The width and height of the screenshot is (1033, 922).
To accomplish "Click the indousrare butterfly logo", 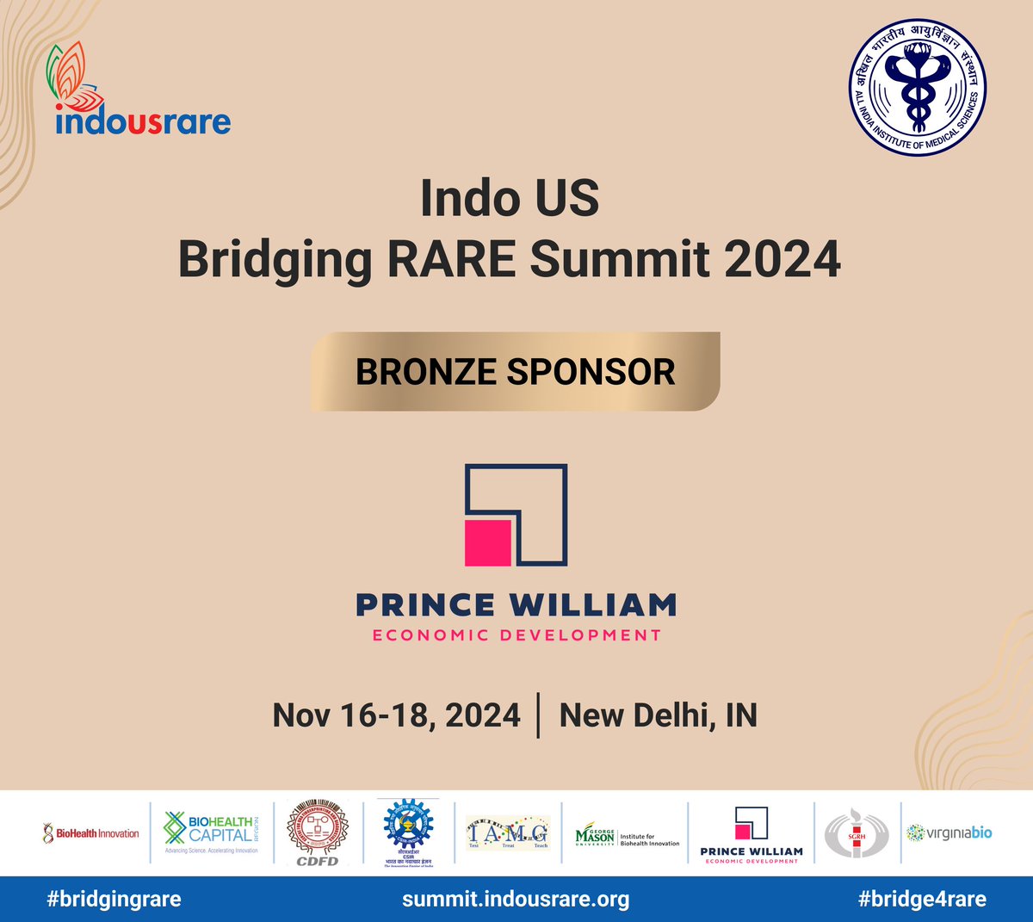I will [x=142, y=90].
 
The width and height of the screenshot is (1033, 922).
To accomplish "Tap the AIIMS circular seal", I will [x=918, y=89].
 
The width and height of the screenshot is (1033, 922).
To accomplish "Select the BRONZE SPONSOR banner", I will [x=515, y=372].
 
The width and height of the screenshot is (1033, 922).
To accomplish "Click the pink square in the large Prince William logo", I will [x=488, y=542].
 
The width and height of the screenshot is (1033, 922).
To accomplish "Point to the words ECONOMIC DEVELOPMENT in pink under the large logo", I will [x=516, y=635].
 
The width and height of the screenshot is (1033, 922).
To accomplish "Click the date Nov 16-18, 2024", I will [x=396, y=715].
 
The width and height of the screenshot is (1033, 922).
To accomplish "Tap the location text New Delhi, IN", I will [x=658, y=715].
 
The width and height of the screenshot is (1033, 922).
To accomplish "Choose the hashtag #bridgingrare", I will [x=114, y=900].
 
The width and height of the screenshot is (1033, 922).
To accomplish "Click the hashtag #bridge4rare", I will [x=922, y=900].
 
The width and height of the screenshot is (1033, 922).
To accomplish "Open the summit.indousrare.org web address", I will [x=516, y=900].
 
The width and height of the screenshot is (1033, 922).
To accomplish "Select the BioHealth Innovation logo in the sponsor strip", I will [x=90, y=832].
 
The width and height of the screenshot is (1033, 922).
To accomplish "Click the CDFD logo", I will [x=318, y=832].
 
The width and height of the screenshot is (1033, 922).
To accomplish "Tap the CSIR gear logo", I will [x=408, y=832].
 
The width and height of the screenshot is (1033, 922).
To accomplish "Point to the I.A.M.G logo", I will [x=508, y=832].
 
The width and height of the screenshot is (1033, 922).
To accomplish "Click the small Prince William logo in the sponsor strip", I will [x=751, y=833].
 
